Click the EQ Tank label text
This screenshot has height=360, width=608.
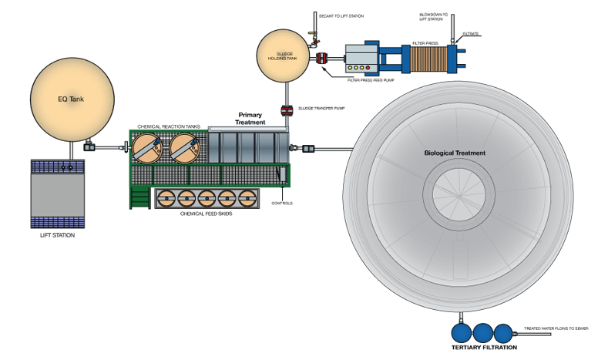pyautogui.click(x=72, y=99)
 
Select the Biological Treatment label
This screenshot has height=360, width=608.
pyautogui.click(x=455, y=153)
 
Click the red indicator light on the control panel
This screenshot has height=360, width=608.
pyautogui.click(x=368, y=68)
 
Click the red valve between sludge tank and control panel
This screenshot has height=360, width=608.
pyautogui.click(x=321, y=57)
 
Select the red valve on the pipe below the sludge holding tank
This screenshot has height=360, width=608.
pyautogui.click(x=287, y=109)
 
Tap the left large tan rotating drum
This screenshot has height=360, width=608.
pyautogui.click(x=148, y=148)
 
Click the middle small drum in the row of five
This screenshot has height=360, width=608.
pyautogui.click(x=207, y=198)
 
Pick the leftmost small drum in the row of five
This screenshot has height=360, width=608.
pyautogui.click(x=166, y=198)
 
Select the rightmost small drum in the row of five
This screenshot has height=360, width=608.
pyautogui.click(x=247, y=198)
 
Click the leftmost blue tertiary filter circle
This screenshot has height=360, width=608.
pyautogui.click(x=461, y=333)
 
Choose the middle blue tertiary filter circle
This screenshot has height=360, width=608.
pyautogui.click(x=482, y=333)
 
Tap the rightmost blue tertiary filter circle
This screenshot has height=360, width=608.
pyautogui.click(x=503, y=333)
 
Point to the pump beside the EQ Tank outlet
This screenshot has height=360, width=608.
pyautogui.click(x=90, y=144)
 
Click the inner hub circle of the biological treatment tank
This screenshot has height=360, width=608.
pyautogui.click(x=458, y=193)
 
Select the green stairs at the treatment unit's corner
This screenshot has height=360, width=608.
pyautogui.click(x=139, y=198)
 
